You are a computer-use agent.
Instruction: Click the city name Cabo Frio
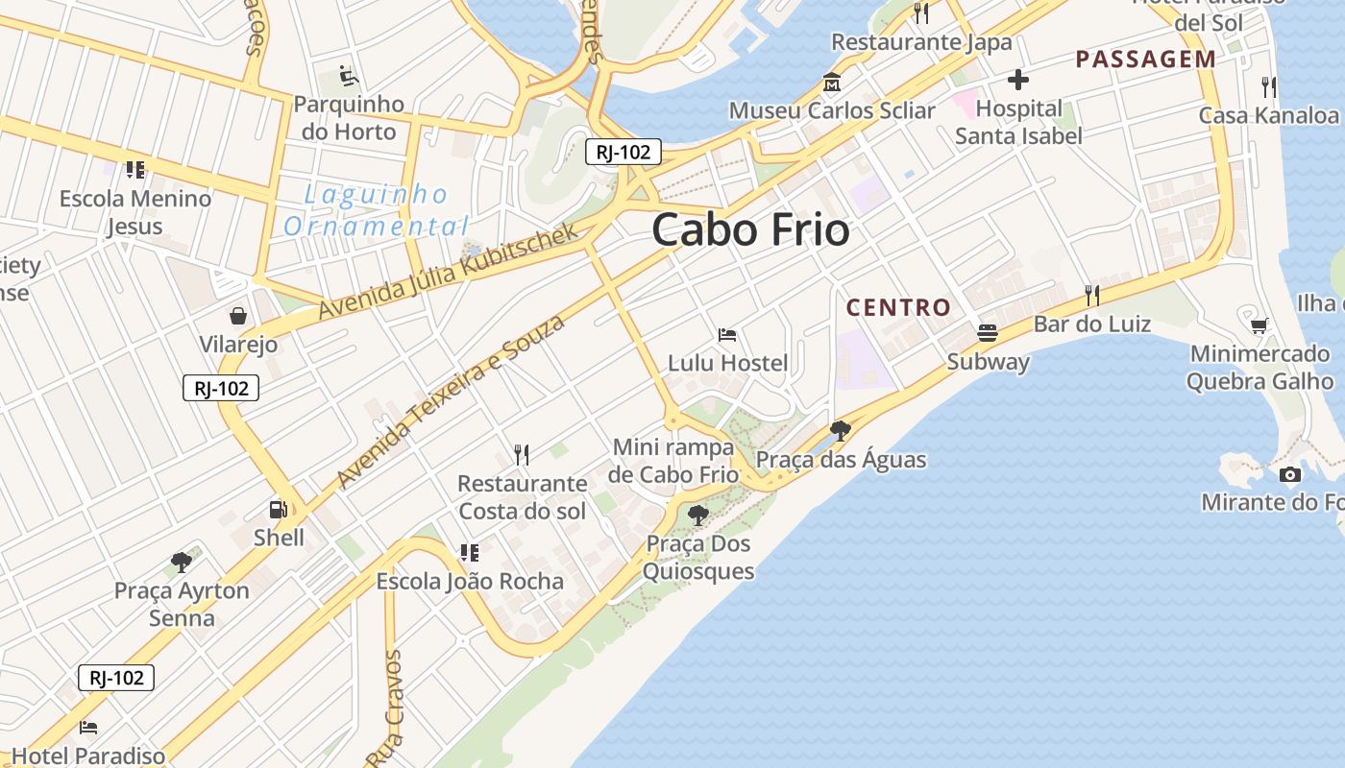750,230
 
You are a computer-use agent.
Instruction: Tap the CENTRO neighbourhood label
898,308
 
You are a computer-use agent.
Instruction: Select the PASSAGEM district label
1145,60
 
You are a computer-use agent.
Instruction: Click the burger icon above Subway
988,333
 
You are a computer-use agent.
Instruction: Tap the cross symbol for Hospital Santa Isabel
1018,80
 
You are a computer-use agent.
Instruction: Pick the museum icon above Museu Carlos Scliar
831,82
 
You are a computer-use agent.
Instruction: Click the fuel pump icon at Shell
279,509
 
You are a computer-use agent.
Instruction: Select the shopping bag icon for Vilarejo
237,316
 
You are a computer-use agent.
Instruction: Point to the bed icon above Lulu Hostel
727,335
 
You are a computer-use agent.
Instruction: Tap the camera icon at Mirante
1290,474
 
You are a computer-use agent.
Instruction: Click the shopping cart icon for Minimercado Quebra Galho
1259,325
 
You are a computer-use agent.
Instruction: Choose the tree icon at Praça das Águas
841,430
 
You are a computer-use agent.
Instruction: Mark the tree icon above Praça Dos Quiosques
698,516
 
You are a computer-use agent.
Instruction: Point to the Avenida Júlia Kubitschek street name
448,272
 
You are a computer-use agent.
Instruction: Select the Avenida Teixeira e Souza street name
451,400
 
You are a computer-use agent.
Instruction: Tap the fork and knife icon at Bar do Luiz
1091,295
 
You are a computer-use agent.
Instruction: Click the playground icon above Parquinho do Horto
348,75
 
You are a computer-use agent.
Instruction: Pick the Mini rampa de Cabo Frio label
675,461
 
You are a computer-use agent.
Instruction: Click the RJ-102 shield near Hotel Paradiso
116,678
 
